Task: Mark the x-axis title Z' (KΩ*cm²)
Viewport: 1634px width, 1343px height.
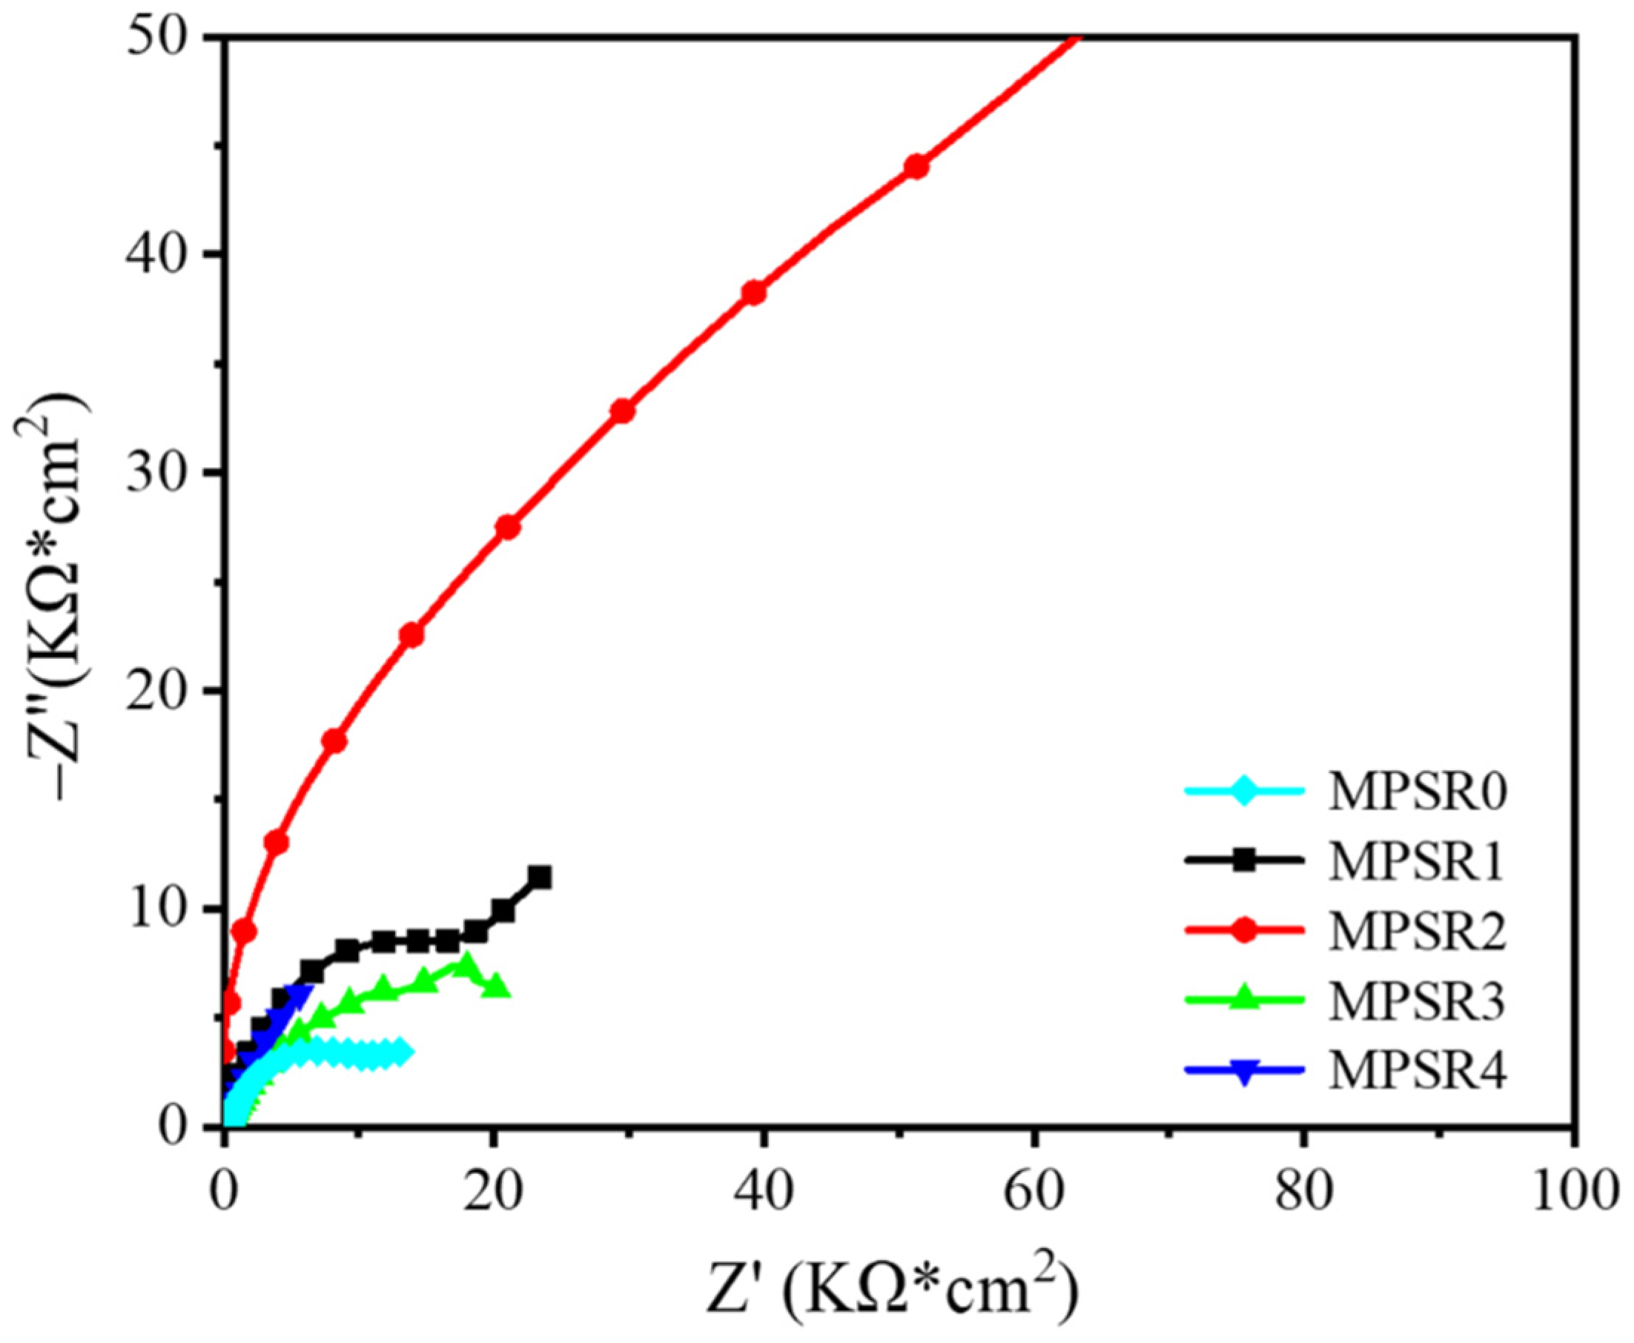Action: (890, 1290)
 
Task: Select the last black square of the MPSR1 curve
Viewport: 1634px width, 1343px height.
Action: (540, 878)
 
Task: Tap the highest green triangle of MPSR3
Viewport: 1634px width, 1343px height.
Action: (465, 965)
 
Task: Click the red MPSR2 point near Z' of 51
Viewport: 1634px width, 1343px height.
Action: (916, 166)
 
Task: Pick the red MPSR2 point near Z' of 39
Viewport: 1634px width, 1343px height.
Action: (753, 293)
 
